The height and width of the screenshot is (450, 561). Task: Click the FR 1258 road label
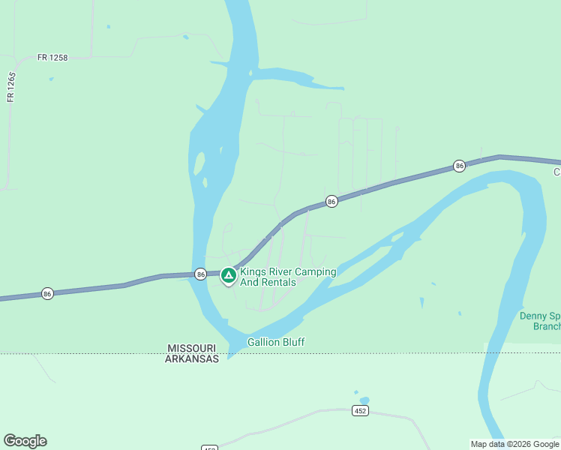click(x=52, y=58)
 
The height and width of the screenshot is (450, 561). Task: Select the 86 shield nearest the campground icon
click(x=200, y=274)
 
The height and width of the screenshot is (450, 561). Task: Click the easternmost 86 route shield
click(x=459, y=166)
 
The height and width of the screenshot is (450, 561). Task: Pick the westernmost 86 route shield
click(x=47, y=292)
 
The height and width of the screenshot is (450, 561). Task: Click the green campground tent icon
click(x=228, y=277)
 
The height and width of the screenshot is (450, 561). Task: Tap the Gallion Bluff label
click(x=276, y=342)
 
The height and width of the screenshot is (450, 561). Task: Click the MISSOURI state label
click(x=192, y=349)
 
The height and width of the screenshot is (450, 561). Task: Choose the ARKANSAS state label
click(x=192, y=358)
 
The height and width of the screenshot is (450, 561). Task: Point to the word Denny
click(x=533, y=316)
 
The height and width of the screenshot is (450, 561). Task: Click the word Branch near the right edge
click(x=546, y=326)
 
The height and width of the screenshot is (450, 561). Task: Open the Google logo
click(x=25, y=441)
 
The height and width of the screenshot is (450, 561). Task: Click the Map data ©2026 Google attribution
click(x=514, y=444)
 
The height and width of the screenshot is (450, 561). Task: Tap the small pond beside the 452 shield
click(x=364, y=400)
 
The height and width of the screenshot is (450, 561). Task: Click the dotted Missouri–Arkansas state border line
click(x=112, y=353)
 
